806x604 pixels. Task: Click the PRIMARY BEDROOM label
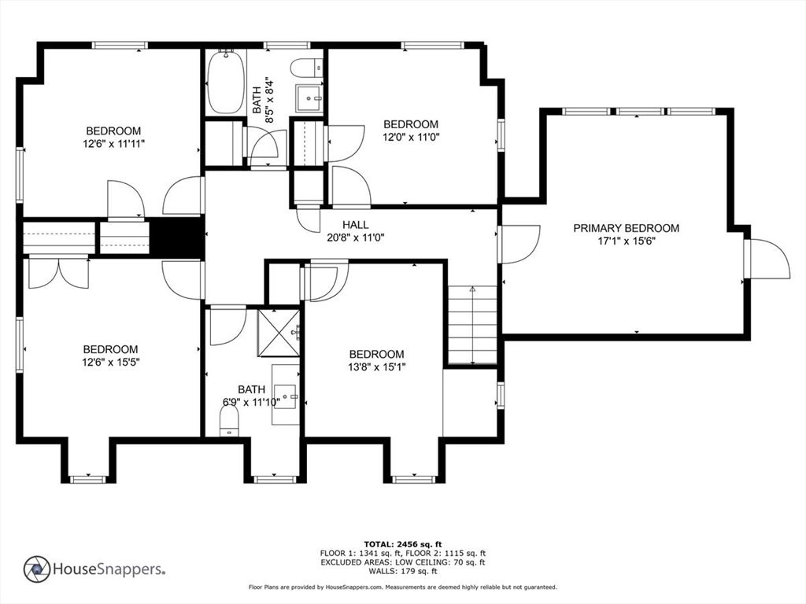[626, 228]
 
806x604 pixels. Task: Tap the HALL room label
[355, 225]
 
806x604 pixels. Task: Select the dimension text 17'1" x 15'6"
[626, 241]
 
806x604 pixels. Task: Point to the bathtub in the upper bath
[225, 82]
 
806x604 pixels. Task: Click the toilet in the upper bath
[306, 68]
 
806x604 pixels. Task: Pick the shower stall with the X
[278, 333]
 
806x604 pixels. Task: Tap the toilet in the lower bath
[229, 420]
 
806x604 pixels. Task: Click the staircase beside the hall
[472, 326]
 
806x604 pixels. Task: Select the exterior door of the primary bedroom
[767, 260]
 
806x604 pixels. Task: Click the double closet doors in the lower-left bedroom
[58, 273]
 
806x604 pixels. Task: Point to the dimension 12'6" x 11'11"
[113, 144]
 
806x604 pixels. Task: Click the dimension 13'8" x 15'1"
[376, 367]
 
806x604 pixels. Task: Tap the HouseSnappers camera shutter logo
[37, 569]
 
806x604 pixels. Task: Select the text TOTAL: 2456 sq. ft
[402, 544]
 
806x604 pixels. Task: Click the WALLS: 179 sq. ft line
[402, 571]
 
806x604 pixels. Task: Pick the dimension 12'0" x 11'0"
[411, 137]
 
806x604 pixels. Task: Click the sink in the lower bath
[285, 396]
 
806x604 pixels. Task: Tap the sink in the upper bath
[309, 98]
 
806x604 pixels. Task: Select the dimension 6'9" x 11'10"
[251, 402]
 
